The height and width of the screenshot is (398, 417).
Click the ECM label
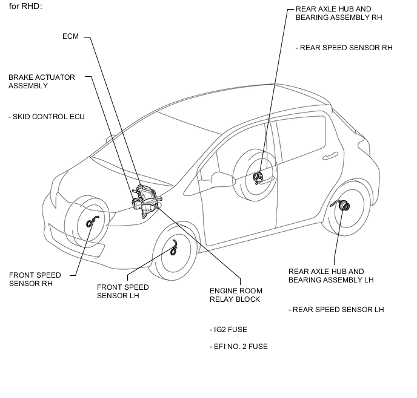(x=70, y=36)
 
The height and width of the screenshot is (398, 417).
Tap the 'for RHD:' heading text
(x=25, y=7)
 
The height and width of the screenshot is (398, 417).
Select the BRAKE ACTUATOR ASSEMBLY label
(x=42, y=82)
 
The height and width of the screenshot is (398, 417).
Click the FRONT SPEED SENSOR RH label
(x=35, y=279)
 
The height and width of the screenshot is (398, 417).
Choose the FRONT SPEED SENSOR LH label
(x=123, y=292)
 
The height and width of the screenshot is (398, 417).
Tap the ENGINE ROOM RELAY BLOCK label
(x=236, y=295)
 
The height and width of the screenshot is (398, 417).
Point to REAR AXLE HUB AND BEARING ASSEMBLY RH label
(x=339, y=13)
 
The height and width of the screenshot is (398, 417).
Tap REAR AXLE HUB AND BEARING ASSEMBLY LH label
(x=331, y=276)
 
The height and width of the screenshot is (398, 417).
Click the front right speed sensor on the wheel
(x=92, y=221)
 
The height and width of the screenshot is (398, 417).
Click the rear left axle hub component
(x=342, y=205)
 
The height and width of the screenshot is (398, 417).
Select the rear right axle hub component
(x=258, y=177)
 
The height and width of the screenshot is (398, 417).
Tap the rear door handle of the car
(x=330, y=155)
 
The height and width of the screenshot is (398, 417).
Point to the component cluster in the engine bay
(x=146, y=200)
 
